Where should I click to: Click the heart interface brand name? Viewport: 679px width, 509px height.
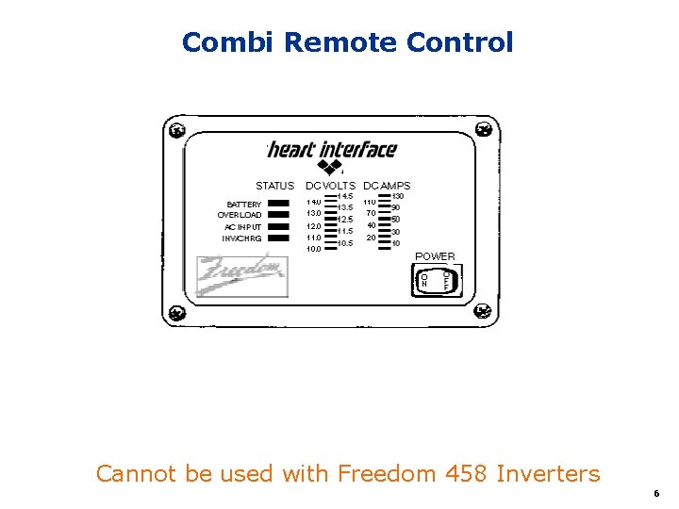(332, 150)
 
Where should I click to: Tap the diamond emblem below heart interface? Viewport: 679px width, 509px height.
(330, 168)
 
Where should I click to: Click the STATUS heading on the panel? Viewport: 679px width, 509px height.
(274, 186)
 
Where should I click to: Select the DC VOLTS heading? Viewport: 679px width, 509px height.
(330, 186)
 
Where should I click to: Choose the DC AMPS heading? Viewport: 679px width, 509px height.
(387, 186)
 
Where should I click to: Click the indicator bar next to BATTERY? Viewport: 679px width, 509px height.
(278, 204)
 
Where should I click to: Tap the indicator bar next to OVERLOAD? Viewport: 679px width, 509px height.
(278, 215)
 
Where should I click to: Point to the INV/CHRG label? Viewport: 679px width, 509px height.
(241, 238)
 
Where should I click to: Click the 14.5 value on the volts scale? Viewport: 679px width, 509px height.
(346, 196)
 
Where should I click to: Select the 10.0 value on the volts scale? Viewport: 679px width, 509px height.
(313, 249)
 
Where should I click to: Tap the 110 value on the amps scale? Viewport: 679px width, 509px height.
(371, 202)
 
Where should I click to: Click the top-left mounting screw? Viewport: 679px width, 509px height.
(174, 129)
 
